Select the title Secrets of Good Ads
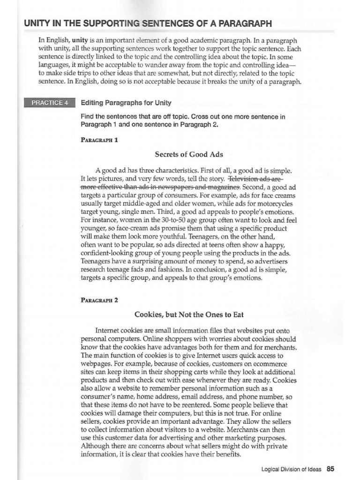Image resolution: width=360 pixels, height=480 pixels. [x=182, y=154]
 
